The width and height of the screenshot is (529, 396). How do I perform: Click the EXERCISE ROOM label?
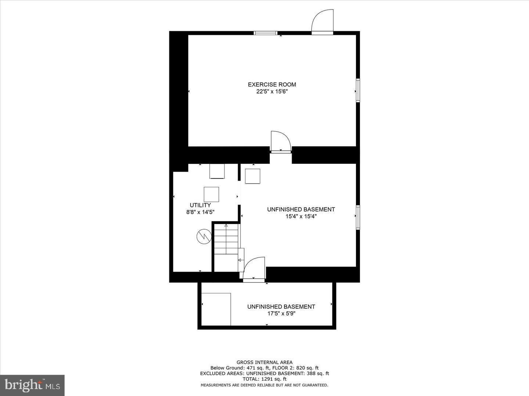click(272, 84)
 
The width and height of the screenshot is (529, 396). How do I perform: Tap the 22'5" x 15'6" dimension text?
click(272, 92)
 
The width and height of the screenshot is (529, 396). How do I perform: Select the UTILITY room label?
click(200, 205)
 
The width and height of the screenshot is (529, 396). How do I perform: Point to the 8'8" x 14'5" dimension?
click(200, 212)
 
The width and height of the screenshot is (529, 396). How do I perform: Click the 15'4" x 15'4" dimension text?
click(301, 216)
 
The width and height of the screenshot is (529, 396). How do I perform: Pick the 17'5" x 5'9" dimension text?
click(281, 313)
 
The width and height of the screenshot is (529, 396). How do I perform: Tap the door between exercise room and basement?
click(281, 142)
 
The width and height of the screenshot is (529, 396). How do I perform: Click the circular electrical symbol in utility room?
click(204, 236)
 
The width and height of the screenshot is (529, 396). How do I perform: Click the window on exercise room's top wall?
click(266, 33)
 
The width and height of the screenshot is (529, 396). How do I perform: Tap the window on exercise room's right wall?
click(357, 90)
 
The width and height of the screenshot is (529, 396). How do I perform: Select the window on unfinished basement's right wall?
click(357, 217)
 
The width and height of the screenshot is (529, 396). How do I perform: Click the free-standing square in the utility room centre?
click(211, 194)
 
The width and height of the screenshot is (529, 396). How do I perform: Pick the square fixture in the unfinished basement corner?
click(252, 176)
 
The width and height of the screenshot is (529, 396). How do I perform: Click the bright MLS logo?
click(32, 385)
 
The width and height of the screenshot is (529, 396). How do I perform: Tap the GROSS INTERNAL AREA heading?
click(264, 362)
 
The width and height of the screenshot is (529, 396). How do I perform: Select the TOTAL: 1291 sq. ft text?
click(264, 379)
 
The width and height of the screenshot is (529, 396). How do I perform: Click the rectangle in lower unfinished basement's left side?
click(216, 309)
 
